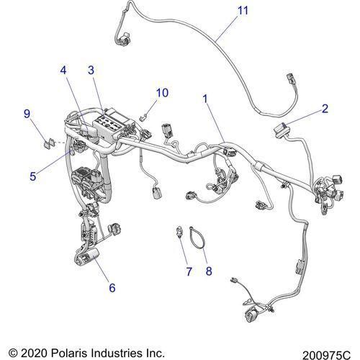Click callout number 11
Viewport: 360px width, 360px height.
[x=243, y=11]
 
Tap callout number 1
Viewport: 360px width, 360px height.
[x=205, y=99]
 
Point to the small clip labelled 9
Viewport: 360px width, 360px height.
[x=50, y=144]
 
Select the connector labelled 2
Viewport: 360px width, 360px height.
[x=281, y=131]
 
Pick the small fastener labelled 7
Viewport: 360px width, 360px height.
[x=179, y=232]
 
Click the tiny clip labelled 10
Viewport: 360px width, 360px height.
[x=143, y=117]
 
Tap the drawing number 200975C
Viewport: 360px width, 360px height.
[x=326, y=355]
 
